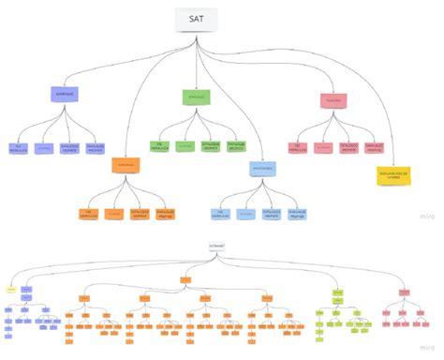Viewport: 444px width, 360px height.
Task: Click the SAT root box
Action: coord(196,20)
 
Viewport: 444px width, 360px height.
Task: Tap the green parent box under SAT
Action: coord(196,97)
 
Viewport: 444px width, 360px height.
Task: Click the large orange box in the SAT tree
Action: coord(128,164)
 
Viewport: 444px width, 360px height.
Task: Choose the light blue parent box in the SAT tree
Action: coord(263,169)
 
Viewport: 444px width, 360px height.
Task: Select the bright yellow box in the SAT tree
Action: coord(392,175)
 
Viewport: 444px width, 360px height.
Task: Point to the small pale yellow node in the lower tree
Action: coord(10,291)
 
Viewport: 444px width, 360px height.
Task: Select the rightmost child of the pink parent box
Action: coord(374,148)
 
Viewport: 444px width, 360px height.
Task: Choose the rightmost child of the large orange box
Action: coord(165,214)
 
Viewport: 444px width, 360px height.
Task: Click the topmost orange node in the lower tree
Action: coord(185,279)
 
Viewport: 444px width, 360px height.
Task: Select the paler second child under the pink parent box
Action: coord(323,148)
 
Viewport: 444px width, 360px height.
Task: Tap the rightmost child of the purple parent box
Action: coord(95,147)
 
